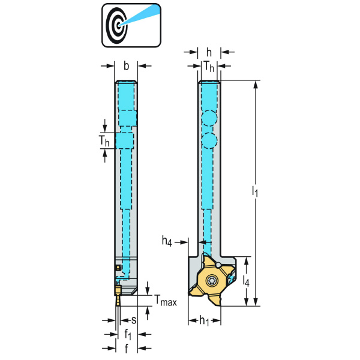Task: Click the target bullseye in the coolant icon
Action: point(116,25)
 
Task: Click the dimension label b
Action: point(126,66)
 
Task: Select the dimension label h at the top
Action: point(209,52)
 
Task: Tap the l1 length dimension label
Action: point(255,191)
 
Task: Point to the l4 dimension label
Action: point(246,280)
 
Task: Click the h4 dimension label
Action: point(167,241)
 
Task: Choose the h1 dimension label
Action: point(204,320)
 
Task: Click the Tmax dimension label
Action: point(166,301)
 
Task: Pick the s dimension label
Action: point(134,320)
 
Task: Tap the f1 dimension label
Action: point(128,334)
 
